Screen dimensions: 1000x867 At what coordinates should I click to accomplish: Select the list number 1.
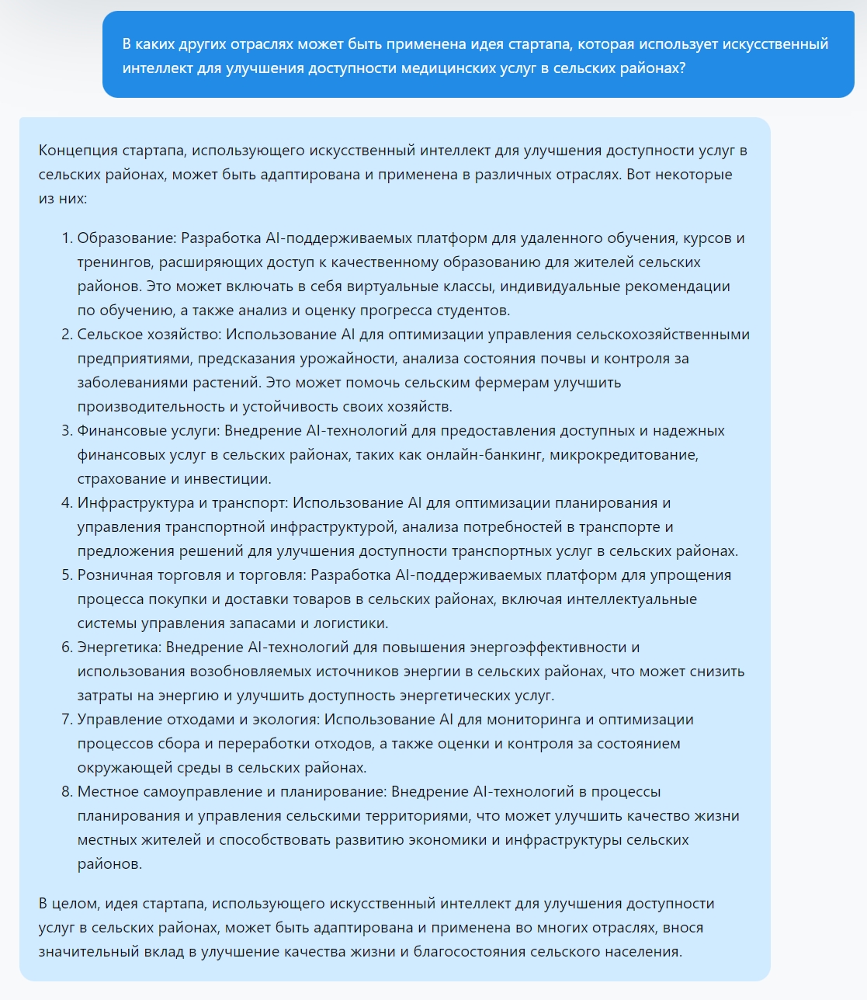tap(66, 238)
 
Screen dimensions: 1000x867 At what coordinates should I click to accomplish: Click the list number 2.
tap(66, 335)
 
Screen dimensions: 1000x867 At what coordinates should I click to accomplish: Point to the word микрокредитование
tap(623, 455)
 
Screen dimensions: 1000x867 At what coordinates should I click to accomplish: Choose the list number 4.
tap(66, 503)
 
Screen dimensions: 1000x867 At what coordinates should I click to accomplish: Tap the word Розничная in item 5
tap(112, 575)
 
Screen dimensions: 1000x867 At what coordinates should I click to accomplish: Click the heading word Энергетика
tap(119, 648)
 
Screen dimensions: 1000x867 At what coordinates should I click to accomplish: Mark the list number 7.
tap(66, 720)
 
